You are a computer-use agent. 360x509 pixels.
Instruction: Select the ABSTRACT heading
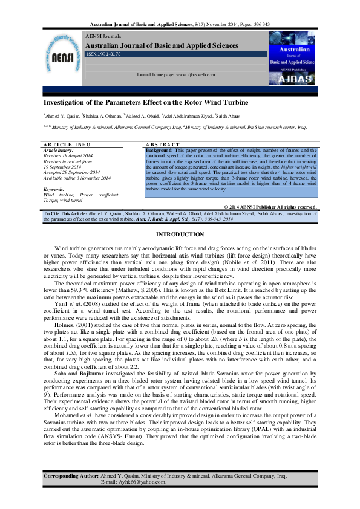(163, 145)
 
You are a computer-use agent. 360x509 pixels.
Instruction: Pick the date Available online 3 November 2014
(77, 178)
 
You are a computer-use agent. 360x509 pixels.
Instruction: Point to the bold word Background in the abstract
(159, 150)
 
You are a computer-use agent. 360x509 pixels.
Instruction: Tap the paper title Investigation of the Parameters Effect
(145, 102)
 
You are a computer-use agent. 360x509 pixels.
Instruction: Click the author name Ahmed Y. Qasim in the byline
(62, 115)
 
